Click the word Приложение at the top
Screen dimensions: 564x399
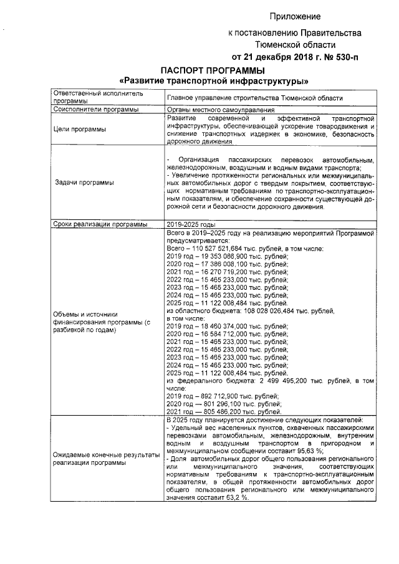point(295,16)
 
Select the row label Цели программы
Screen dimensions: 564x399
point(80,129)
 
